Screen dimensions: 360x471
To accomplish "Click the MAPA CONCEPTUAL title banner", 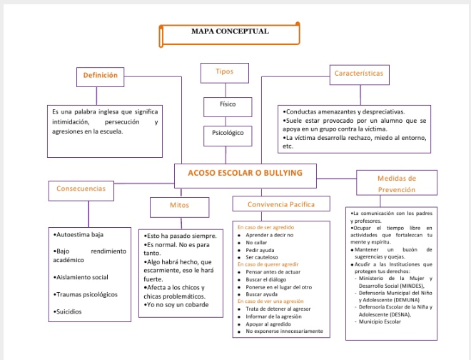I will click(230, 33).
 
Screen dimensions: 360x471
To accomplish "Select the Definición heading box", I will click(100, 76).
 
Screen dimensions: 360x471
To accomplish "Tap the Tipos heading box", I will click(224, 72).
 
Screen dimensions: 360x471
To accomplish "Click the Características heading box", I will click(358, 74).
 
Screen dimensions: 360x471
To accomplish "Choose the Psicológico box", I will click(228, 133).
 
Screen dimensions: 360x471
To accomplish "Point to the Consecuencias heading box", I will click(81, 189).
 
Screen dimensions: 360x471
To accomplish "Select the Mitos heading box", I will click(179, 206).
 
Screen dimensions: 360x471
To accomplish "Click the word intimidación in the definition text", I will click(70, 122).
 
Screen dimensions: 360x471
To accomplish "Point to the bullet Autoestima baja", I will click(80, 234).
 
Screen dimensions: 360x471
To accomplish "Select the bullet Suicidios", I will click(70, 312).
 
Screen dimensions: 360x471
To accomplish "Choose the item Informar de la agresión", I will click(274, 316).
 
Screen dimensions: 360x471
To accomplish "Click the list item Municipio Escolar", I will click(381, 321).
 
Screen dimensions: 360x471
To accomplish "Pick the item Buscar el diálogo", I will click(265, 279).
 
